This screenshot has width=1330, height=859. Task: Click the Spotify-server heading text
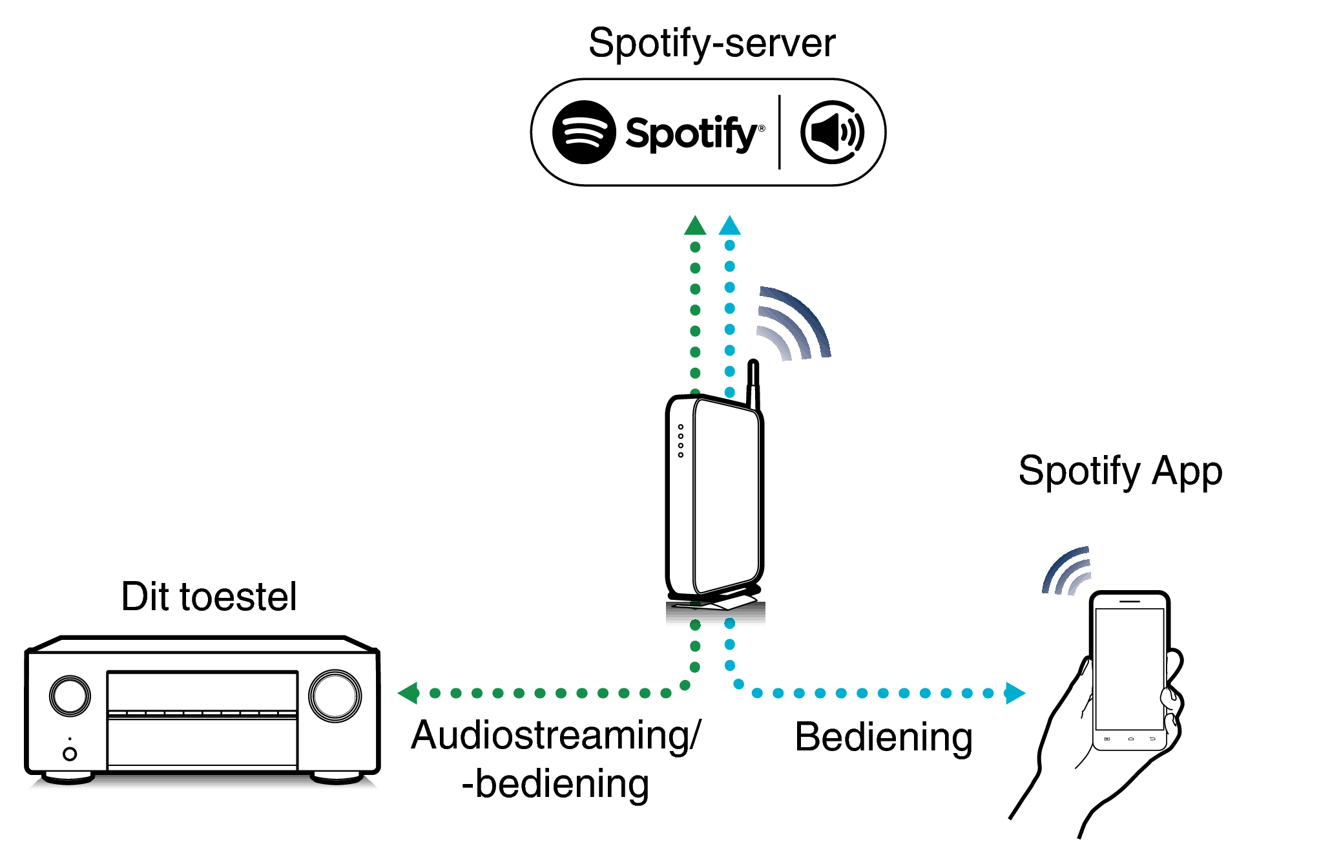pos(711,44)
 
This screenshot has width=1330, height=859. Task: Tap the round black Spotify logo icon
pos(583,133)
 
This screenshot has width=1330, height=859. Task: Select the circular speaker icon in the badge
pos(833,133)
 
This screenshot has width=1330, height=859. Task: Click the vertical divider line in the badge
pos(780,133)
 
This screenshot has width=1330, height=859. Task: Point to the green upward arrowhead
pos(695,226)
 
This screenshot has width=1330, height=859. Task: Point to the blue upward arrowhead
pos(729,226)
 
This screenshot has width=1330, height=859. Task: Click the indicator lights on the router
pos(680,441)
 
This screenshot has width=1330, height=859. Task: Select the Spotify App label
pos(1120,471)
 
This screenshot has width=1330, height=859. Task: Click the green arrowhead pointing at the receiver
pos(409,693)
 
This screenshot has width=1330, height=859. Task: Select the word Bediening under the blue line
pos(883,737)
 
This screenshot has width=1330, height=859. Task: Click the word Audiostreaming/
pos(556,736)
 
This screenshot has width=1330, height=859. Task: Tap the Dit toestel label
pos(209,596)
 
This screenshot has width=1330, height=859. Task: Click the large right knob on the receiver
pos(335,696)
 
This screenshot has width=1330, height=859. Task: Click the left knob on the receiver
pos(70,696)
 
